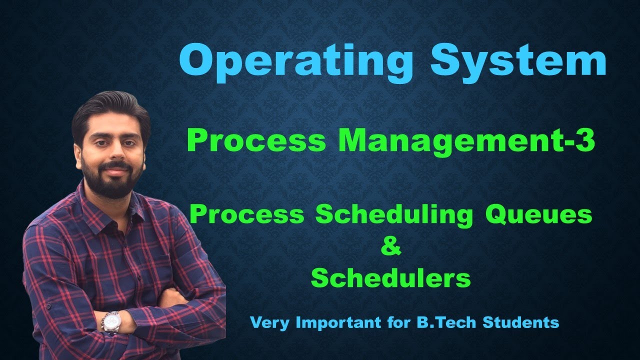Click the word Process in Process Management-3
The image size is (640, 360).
(x=255, y=141)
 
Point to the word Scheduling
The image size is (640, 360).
(x=393, y=215)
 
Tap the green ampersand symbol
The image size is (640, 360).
(x=391, y=247)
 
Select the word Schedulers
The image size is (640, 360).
(x=391, y=279)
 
